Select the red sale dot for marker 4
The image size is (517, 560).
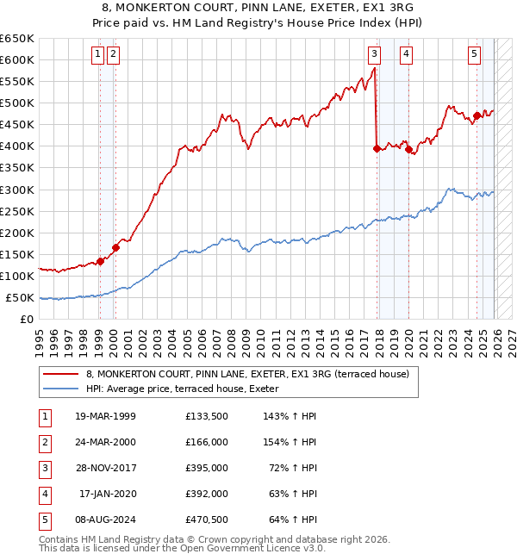click(x=408, y=149)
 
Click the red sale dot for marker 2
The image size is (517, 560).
click(x=115, y=247)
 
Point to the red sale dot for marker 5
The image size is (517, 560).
click(x=477, y=115)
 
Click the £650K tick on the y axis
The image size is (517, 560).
click(x=17, y=39)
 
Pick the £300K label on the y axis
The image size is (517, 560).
click(x=17, y=190)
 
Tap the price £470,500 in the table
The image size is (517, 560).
click(x=206, y=520)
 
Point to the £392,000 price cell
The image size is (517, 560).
click(x=206, y=494)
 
